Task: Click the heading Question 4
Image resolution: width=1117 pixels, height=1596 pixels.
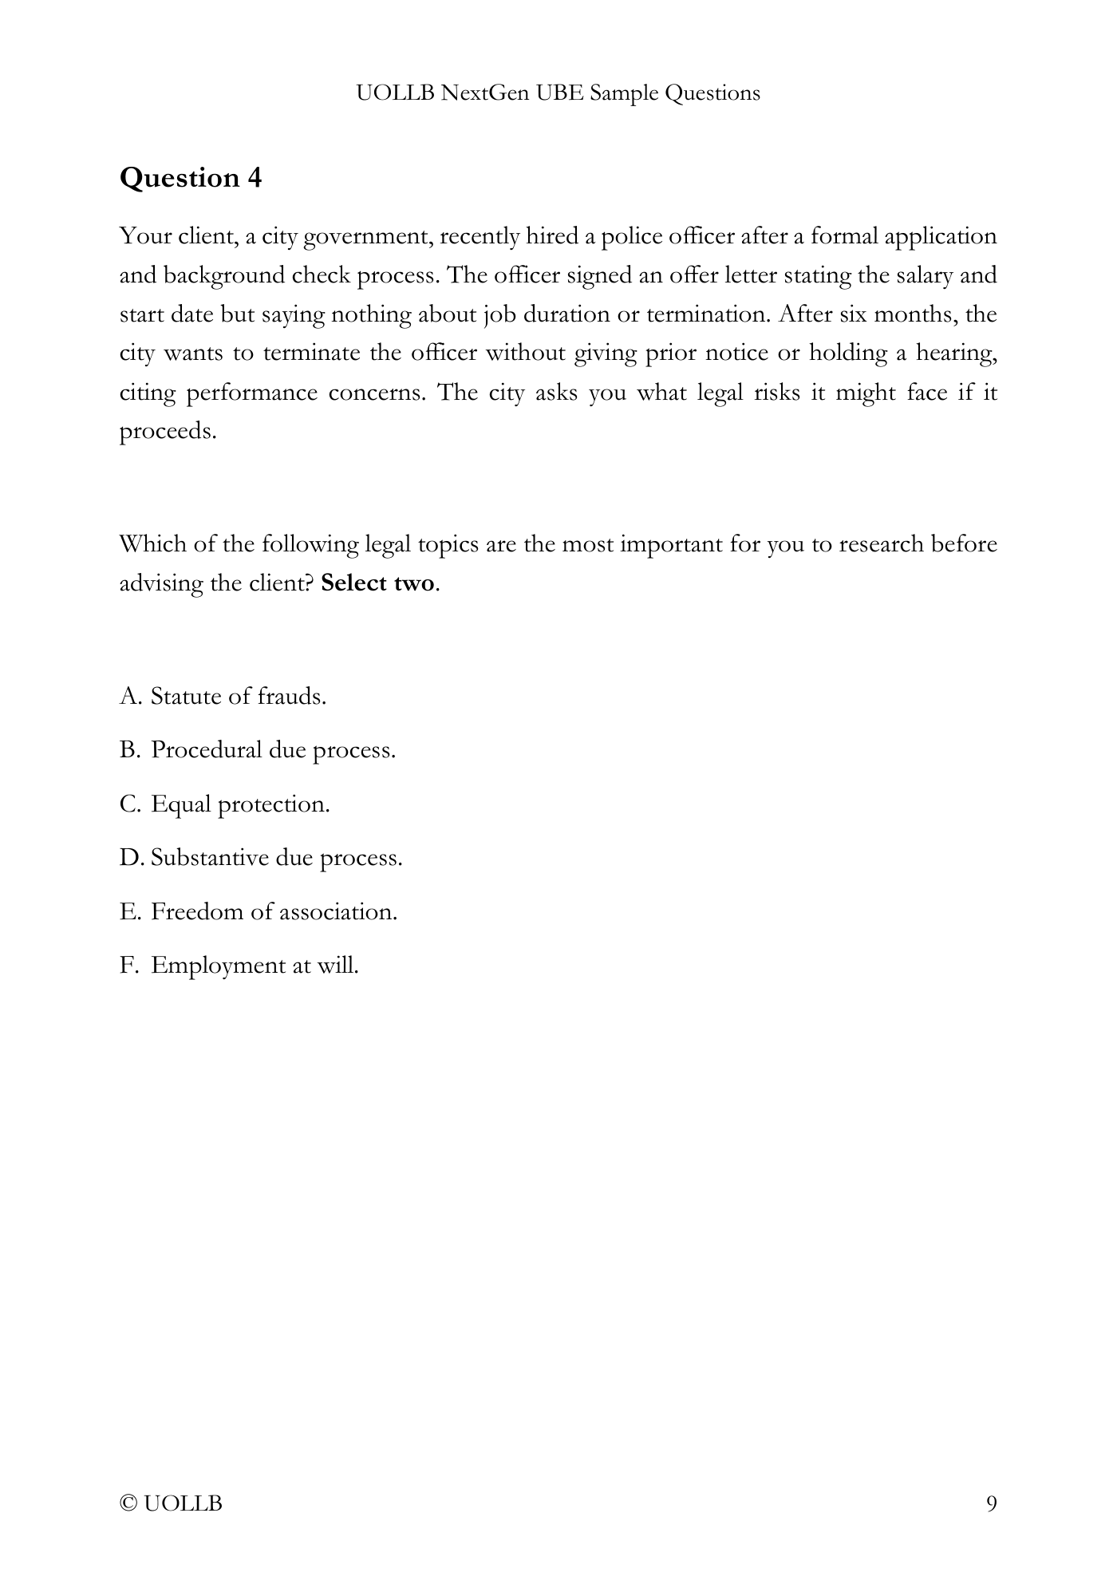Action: pyautogui.click(x=190, y=177)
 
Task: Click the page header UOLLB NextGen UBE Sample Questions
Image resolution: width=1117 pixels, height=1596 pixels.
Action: pyautogui.click(x=558, y=93)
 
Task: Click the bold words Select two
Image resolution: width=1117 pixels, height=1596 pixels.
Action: pyautogui.click(x=377, y=583)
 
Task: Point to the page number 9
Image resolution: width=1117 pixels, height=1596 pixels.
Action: pyautogui.click(x=991, y=1504)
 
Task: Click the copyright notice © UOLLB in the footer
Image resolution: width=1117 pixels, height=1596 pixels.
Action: pyautogui.click(x=171, y=1504)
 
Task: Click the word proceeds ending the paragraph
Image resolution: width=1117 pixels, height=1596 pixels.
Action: pyautogui.click(x=167, y=432)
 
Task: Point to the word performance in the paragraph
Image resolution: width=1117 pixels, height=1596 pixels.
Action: pyautogui.click(x=247, y=393)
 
